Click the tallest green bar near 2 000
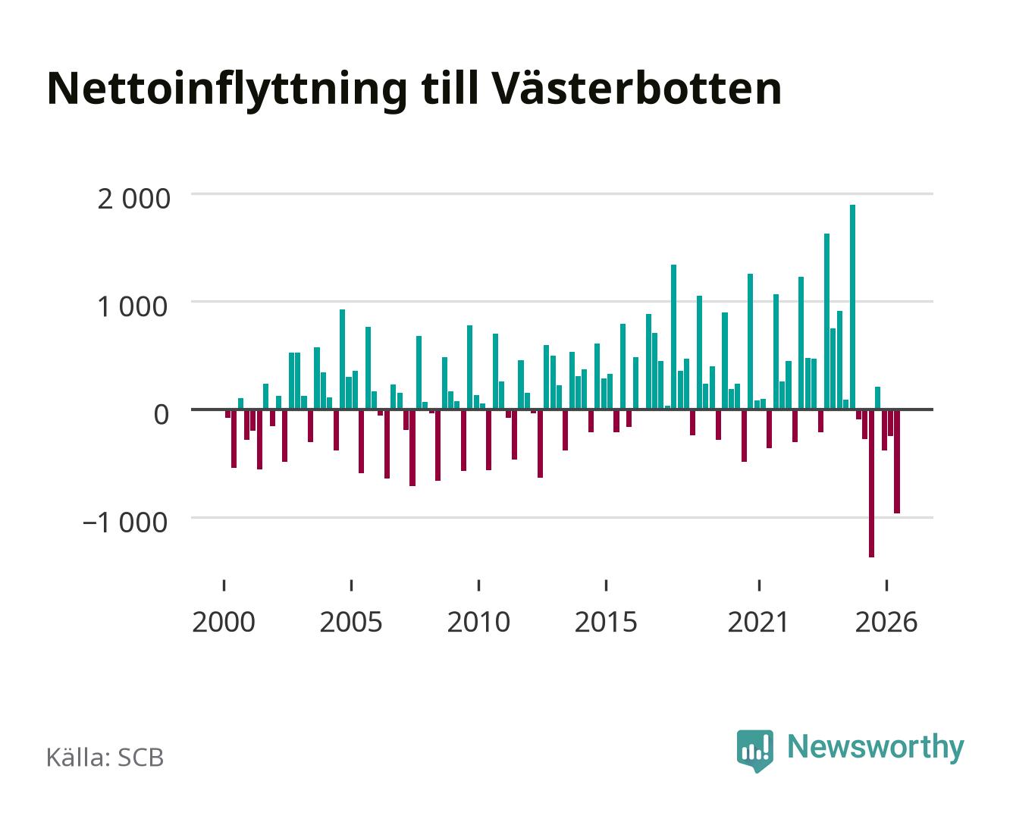tap(851, 306)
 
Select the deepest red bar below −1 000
tap(870, 483)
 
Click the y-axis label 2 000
tap(133, 199)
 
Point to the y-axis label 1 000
tap(133, 307)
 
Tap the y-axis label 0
tap(162, 415)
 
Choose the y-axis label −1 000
tap(125, 522)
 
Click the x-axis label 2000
tap(224, 623)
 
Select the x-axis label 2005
tap(351, 623)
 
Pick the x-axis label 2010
tap(478, 623)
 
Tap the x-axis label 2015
tap(606, 623)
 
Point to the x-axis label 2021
tap(758, 623)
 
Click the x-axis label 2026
tap(886, 623)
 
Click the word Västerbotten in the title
tap(636, 88)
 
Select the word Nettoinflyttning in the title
tap(227, 91)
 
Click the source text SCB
tap(141, 758)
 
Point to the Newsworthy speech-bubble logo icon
tap(754, 750)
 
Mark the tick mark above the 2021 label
tap(759, 585)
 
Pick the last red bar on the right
tap(896, 461)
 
